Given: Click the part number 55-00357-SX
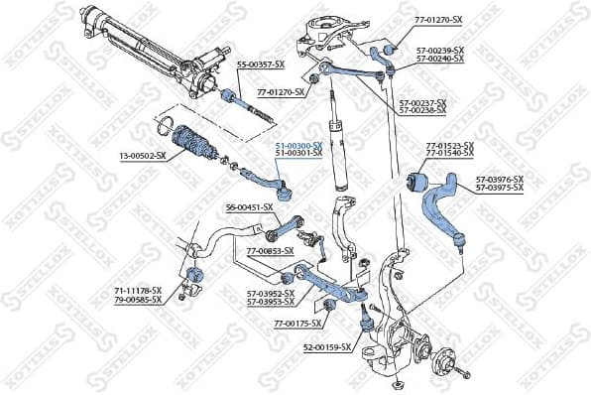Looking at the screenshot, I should point(261,65).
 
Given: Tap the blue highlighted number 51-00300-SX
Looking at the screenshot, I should point(298,145).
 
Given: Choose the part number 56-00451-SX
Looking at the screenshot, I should point(249,206).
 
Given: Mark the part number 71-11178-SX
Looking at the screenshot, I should point(137,291).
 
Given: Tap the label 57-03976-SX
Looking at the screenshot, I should point(499,179).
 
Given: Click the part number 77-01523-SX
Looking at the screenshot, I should point(450,147).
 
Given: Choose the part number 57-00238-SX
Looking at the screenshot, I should point(422,109).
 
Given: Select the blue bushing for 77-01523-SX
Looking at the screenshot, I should point(418,183).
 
